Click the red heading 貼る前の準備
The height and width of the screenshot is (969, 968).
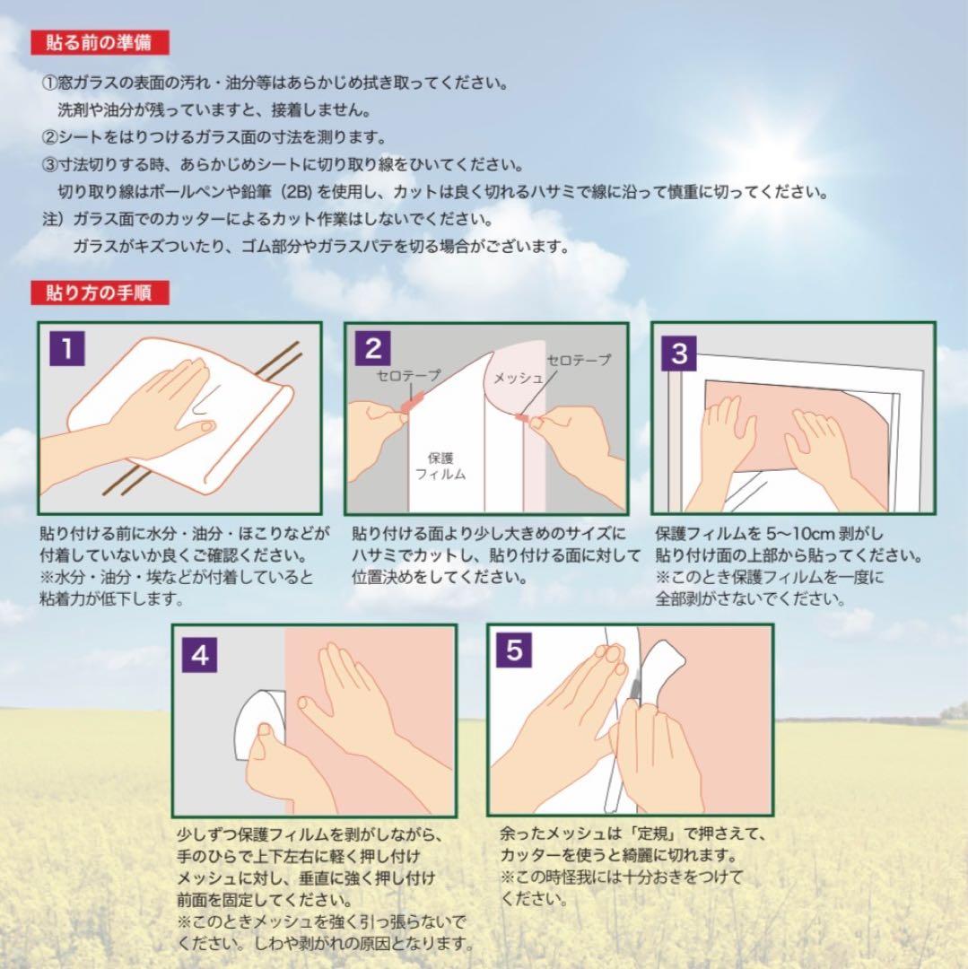tap(99, 41)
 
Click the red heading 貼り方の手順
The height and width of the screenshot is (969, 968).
tap(99, 292)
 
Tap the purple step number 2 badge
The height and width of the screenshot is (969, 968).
tap(373, 349)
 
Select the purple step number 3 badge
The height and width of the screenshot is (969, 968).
tap(679, 353)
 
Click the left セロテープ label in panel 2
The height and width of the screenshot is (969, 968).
tap(408, 378)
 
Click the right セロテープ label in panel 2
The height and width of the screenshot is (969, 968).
tap(579, 360)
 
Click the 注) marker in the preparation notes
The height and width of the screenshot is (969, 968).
tap(54, 219)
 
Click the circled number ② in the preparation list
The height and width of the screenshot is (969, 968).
tap(49, 138)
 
